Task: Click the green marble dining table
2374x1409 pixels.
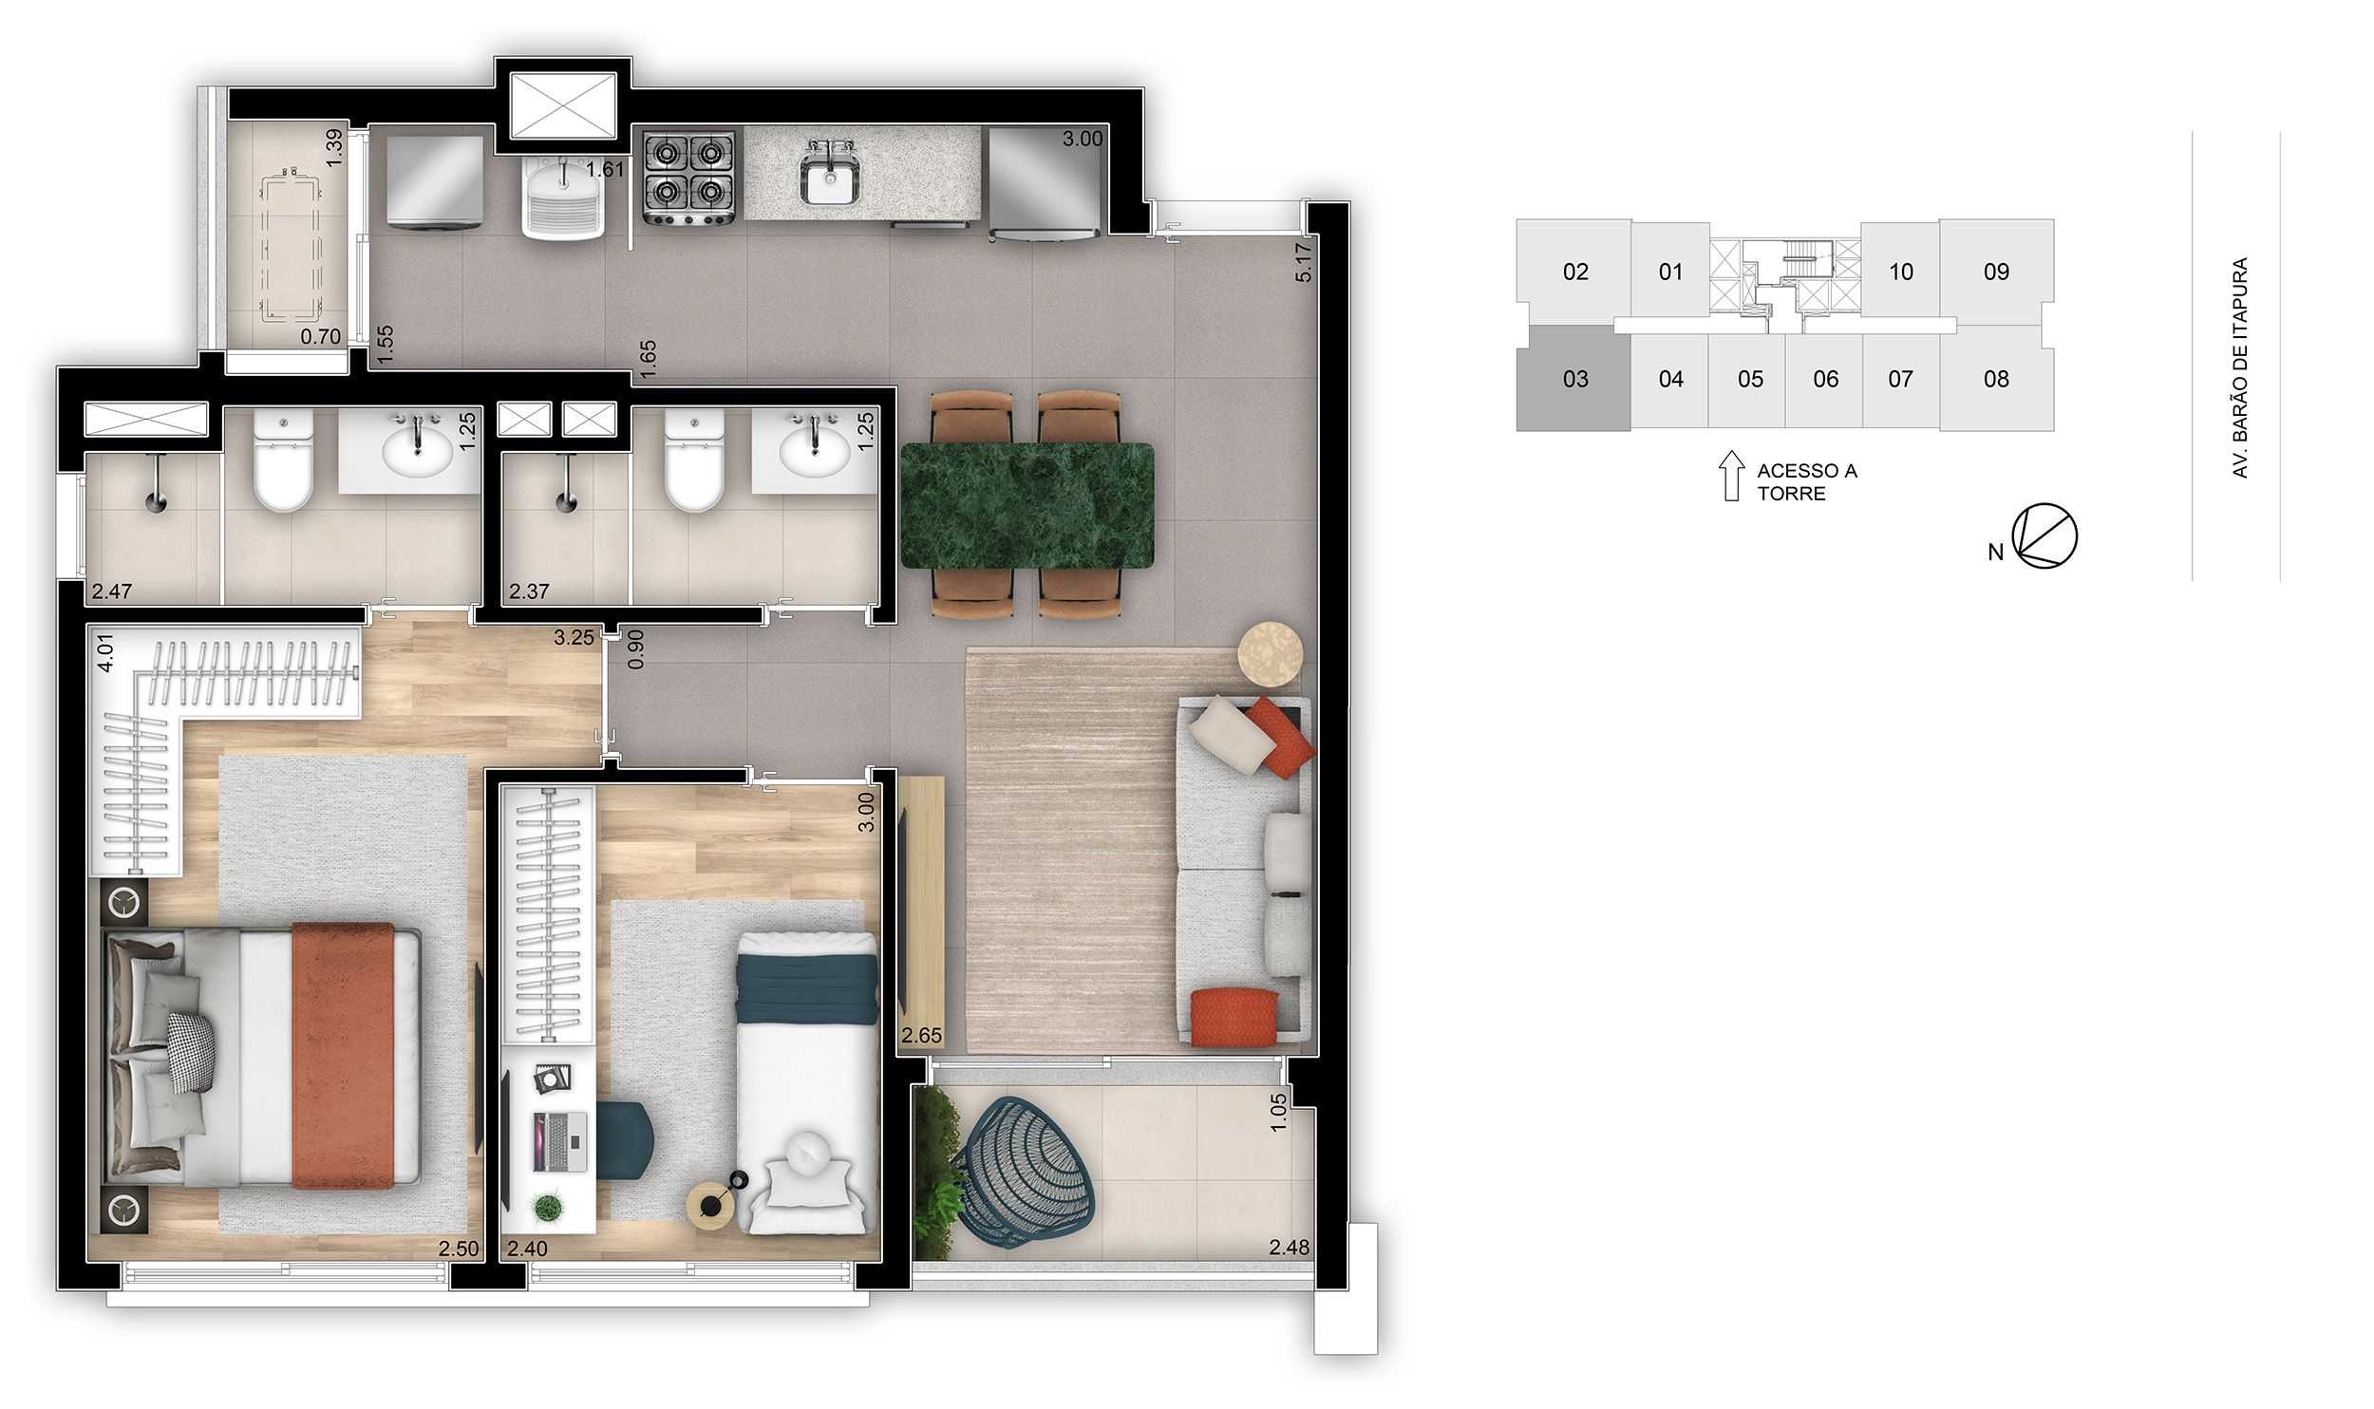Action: [x=1027, y=505]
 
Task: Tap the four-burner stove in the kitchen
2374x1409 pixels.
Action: [x=688, y=178]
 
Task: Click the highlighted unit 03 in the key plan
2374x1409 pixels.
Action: [x=1573, y=379]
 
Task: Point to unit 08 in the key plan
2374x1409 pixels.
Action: [x=1996, y=379]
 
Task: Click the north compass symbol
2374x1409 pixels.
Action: [x=2044, y=536]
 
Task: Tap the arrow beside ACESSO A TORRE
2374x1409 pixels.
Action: [x=1731, y=476]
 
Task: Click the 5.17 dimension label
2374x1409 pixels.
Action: [x=1303, y=263]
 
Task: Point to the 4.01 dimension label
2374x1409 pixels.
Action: [x=105, y=652]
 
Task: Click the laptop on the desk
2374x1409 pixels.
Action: [x=560, y=1142]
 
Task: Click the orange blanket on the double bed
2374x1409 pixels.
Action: [x=343, y=1055]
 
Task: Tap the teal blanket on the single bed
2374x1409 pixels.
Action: [x=807, y=988]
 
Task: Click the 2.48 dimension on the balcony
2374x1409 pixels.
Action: [x=1289, y=1248]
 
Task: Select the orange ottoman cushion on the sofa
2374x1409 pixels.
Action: [x=1234, y=1016]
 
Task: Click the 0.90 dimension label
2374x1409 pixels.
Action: [x=636, y=649]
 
